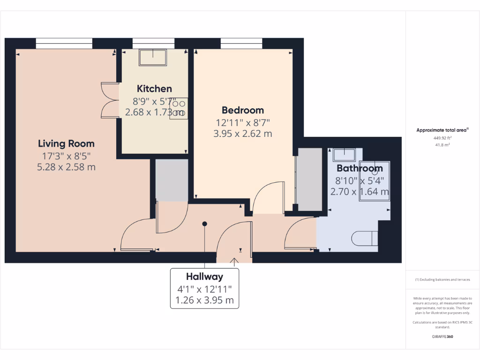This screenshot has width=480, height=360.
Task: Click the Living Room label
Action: tap(66, 143)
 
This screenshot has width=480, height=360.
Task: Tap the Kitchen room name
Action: tap(154, 89)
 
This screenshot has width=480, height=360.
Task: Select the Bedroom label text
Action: tap(243, 110)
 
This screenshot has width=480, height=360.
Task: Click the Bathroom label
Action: tap(360, 168)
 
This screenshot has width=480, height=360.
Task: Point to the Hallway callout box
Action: tap(204, 288)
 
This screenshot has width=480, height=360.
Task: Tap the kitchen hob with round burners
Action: tap(179, 108)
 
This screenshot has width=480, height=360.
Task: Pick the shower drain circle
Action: tap(375, 172)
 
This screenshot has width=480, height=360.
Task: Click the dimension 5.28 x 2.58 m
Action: tap(66, 166)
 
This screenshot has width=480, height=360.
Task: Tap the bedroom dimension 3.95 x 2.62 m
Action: tap(243, 134)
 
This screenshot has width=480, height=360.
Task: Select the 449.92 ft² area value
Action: tap(443, 138)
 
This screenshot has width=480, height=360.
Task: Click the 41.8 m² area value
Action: tap(443, 145)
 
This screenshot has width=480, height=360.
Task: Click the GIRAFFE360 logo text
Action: tap(443, 337)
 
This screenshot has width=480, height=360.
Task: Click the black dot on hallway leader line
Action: tap(204, 224)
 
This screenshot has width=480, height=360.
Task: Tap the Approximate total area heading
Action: tap(442, 130)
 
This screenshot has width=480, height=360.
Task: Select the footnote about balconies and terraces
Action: tap(442, 279)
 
